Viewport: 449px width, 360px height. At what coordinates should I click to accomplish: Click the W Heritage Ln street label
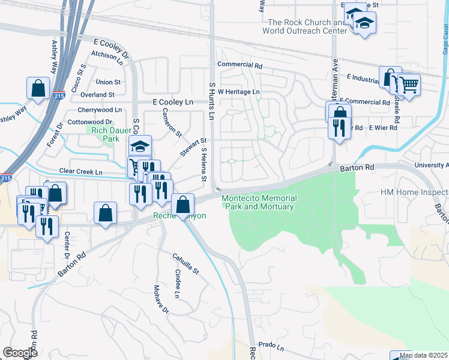(x=239, y=92)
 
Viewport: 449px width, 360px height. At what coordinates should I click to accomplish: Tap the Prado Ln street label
(x=271, y=346)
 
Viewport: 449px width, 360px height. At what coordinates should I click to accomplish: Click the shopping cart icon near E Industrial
(x=409, y=84)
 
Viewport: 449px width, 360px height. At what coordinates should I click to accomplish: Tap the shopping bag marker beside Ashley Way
(x=38, y=88)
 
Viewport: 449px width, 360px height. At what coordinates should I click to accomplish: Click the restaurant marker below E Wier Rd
(x=339, y=127)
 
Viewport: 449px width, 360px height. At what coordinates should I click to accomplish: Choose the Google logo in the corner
(x=20, y=353)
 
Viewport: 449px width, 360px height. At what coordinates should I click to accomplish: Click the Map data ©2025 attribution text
(x=423, y=355)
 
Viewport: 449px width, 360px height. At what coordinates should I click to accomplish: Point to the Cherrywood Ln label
(x=100, y=110)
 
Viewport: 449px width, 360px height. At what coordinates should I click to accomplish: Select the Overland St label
(x=98, y=95)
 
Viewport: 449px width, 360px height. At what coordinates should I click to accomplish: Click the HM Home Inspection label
(x=414, y=193)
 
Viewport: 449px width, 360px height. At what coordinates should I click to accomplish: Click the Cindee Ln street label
(x=177, y=284)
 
